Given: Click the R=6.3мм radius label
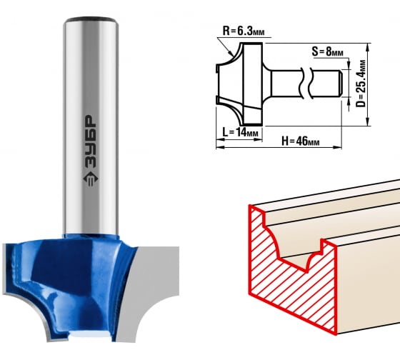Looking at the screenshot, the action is pyautogui.click(x=244, y=31).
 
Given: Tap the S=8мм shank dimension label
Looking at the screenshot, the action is pyautogui.click(x=327, y=52).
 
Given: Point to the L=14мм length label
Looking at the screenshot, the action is pyautogui.click(x=240, y=132).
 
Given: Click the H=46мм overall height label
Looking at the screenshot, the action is pyautogui.click(x=300, y=141).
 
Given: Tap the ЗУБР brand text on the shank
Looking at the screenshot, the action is pyautogui.click(x=91, y=141).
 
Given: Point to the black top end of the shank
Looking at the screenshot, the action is pyautogui.click(x=91, y=20).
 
